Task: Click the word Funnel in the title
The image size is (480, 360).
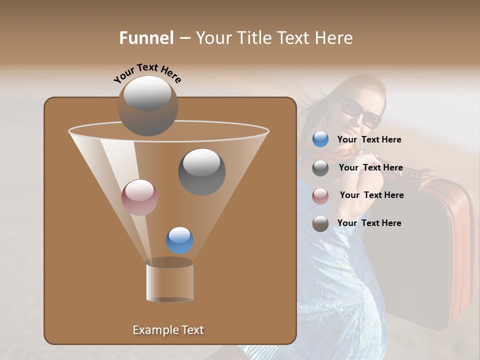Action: pos(146,38)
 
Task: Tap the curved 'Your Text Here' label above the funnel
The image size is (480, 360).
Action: pos(147,73)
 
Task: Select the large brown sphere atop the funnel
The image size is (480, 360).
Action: pos(147,105)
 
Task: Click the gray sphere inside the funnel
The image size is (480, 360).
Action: pos(202,171)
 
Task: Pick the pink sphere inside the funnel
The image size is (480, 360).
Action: pos(139,197)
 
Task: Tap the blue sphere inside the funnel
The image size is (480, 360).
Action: pos(179,240)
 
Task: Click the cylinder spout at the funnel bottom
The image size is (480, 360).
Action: pos(170,281)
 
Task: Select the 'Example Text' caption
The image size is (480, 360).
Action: pos(168,330)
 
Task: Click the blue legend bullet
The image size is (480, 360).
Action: pos(320,139)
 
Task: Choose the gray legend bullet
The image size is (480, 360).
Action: pos(320,168)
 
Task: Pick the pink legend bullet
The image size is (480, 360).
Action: pos(320,195)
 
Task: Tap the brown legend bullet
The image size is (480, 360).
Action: pos(320,223)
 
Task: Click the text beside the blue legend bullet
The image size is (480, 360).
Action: pos(369,140)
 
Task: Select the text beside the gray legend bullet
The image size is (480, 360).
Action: pos(370,168)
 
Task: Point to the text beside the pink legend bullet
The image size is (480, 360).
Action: pos(371,195)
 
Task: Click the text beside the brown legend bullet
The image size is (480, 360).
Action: pos(369,223)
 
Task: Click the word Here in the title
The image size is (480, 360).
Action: pos(334,38)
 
